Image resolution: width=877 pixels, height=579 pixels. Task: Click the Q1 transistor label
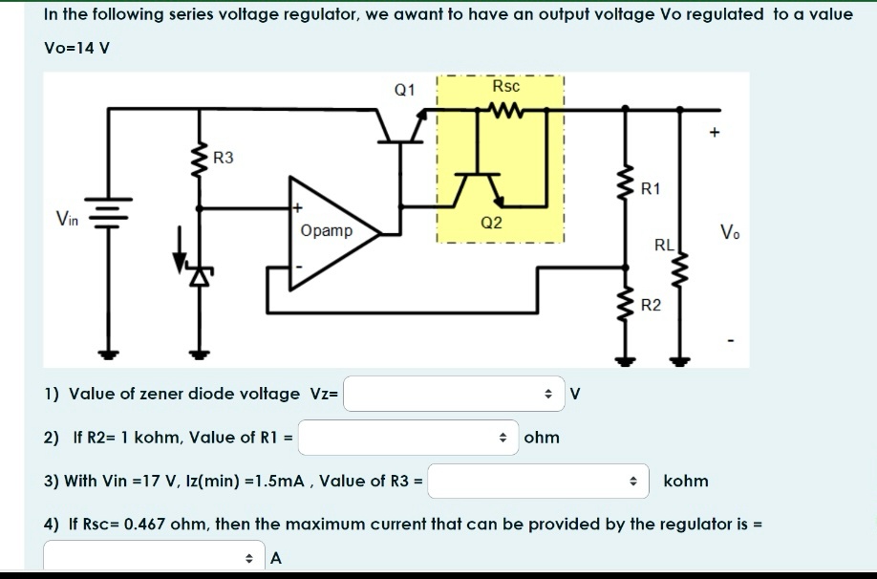pyautogui.click(x=405, y=91)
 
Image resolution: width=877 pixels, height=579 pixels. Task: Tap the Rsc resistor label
pyautogui.click(x=505, y=87)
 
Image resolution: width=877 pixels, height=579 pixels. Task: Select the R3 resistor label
pyautogui.click(x=224, y=158)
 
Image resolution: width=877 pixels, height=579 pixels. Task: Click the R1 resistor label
pyautogui.click(x=650, y=189)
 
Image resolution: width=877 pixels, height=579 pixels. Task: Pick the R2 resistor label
pyautogui.click(x=650, y=306)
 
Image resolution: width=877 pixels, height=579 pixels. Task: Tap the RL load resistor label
pyautogui.click(x=664, y=246)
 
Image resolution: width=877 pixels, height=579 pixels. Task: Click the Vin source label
pyautogui.click(x=67, y=220)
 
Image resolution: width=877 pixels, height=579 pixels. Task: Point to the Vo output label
pyautogui.click(x=729, y=231)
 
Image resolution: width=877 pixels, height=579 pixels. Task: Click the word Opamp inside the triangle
pyautogui.click(x=326, y=230)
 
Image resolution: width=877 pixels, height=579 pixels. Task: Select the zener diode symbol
pyautogui.click(x=199, y=275)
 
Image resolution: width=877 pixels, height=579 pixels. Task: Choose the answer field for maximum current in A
pyautogui.click(x=153, y=558)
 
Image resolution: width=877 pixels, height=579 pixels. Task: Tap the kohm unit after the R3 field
pyautogui.click(x=685, y=481)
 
